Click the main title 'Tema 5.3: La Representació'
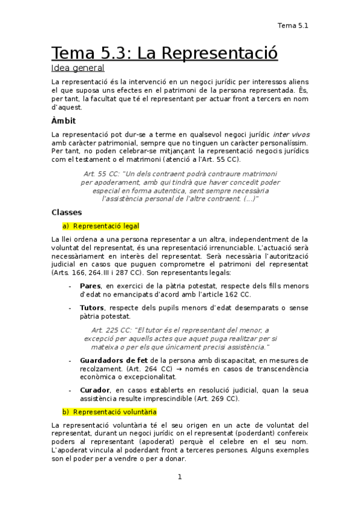pos(164,53)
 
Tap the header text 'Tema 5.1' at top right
pos(293,25)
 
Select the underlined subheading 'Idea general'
pos(78,69)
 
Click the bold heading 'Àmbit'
pos(64,121)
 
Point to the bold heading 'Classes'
pos(67,212)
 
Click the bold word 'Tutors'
pos(92,308)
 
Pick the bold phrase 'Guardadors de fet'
pos(114,360)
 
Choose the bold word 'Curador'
pos(95,390)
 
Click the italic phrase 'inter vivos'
pos(291,134)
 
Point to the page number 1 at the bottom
pos(179,477)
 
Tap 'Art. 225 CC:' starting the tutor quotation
pos(112,330)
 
